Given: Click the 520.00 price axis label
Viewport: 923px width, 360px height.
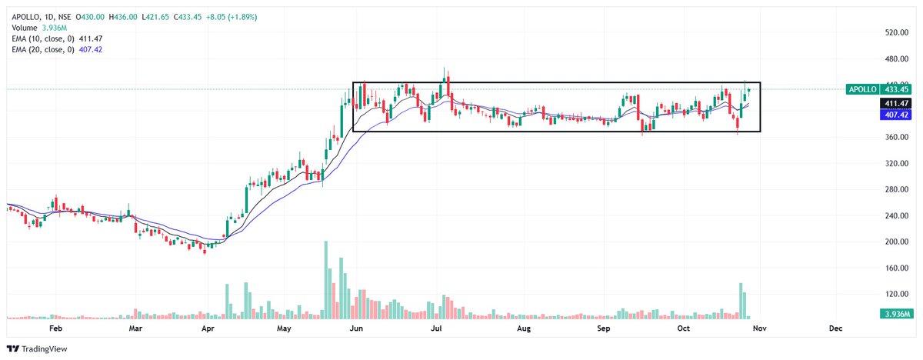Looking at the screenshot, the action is pyautogui.click(x=897, y=32).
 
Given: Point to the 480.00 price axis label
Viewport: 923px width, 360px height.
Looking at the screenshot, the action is pyautogui.click(x=897, y=59).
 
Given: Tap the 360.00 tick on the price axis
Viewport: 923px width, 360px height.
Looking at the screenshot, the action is pyautogui.click(x=897, y=137).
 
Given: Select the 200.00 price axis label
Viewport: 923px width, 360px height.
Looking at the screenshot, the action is pyautogui.click(x=897, y=242).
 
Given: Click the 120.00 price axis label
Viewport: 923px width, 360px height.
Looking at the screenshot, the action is pyautogui.click(x=897, y=294).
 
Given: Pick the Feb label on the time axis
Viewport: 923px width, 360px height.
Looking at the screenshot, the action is pyautogui.click(x=55, y=328).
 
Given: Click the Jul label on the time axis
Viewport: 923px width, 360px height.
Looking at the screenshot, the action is pyautogui.click(x=436, y=328).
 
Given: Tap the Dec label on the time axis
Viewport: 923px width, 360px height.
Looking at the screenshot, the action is pyautogui.click(x=835, y=328).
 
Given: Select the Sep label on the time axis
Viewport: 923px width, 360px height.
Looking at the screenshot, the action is pyautogui.click(x=603, y=328).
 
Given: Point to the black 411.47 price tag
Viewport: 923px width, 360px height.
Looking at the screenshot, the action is pyautogui.click(x=896, y=103).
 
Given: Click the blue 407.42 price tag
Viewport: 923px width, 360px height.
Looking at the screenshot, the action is pyautogui.click(x=896, y=115).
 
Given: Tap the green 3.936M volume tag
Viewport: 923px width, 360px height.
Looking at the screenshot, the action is pyautogui.click(x=896, y=315).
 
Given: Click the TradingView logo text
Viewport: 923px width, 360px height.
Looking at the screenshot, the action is pyautogui.click(x=44, y=349).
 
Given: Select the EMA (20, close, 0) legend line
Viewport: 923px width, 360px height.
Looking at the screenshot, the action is pyautogui.click(x=57, y=50).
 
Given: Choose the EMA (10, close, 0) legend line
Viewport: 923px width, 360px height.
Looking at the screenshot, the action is pyautogui.click(x=57, y=38).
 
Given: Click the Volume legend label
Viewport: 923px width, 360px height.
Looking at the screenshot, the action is pyautogui.click(x=25, y=28).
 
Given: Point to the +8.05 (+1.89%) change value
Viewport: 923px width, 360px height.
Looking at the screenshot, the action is pyautogui.click(x=232, y=17).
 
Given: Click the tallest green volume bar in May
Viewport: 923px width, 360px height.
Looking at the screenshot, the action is pyautogui.click(x=326, y=280).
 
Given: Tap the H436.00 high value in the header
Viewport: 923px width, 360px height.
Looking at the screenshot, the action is pyautogui.click(x=123, y=17).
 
